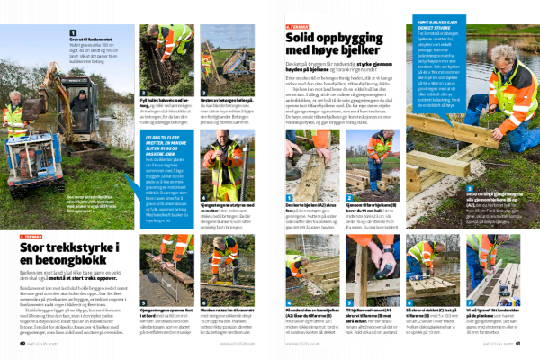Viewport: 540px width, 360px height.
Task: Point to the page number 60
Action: (22, 341)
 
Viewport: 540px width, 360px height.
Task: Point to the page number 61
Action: (518, 341)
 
